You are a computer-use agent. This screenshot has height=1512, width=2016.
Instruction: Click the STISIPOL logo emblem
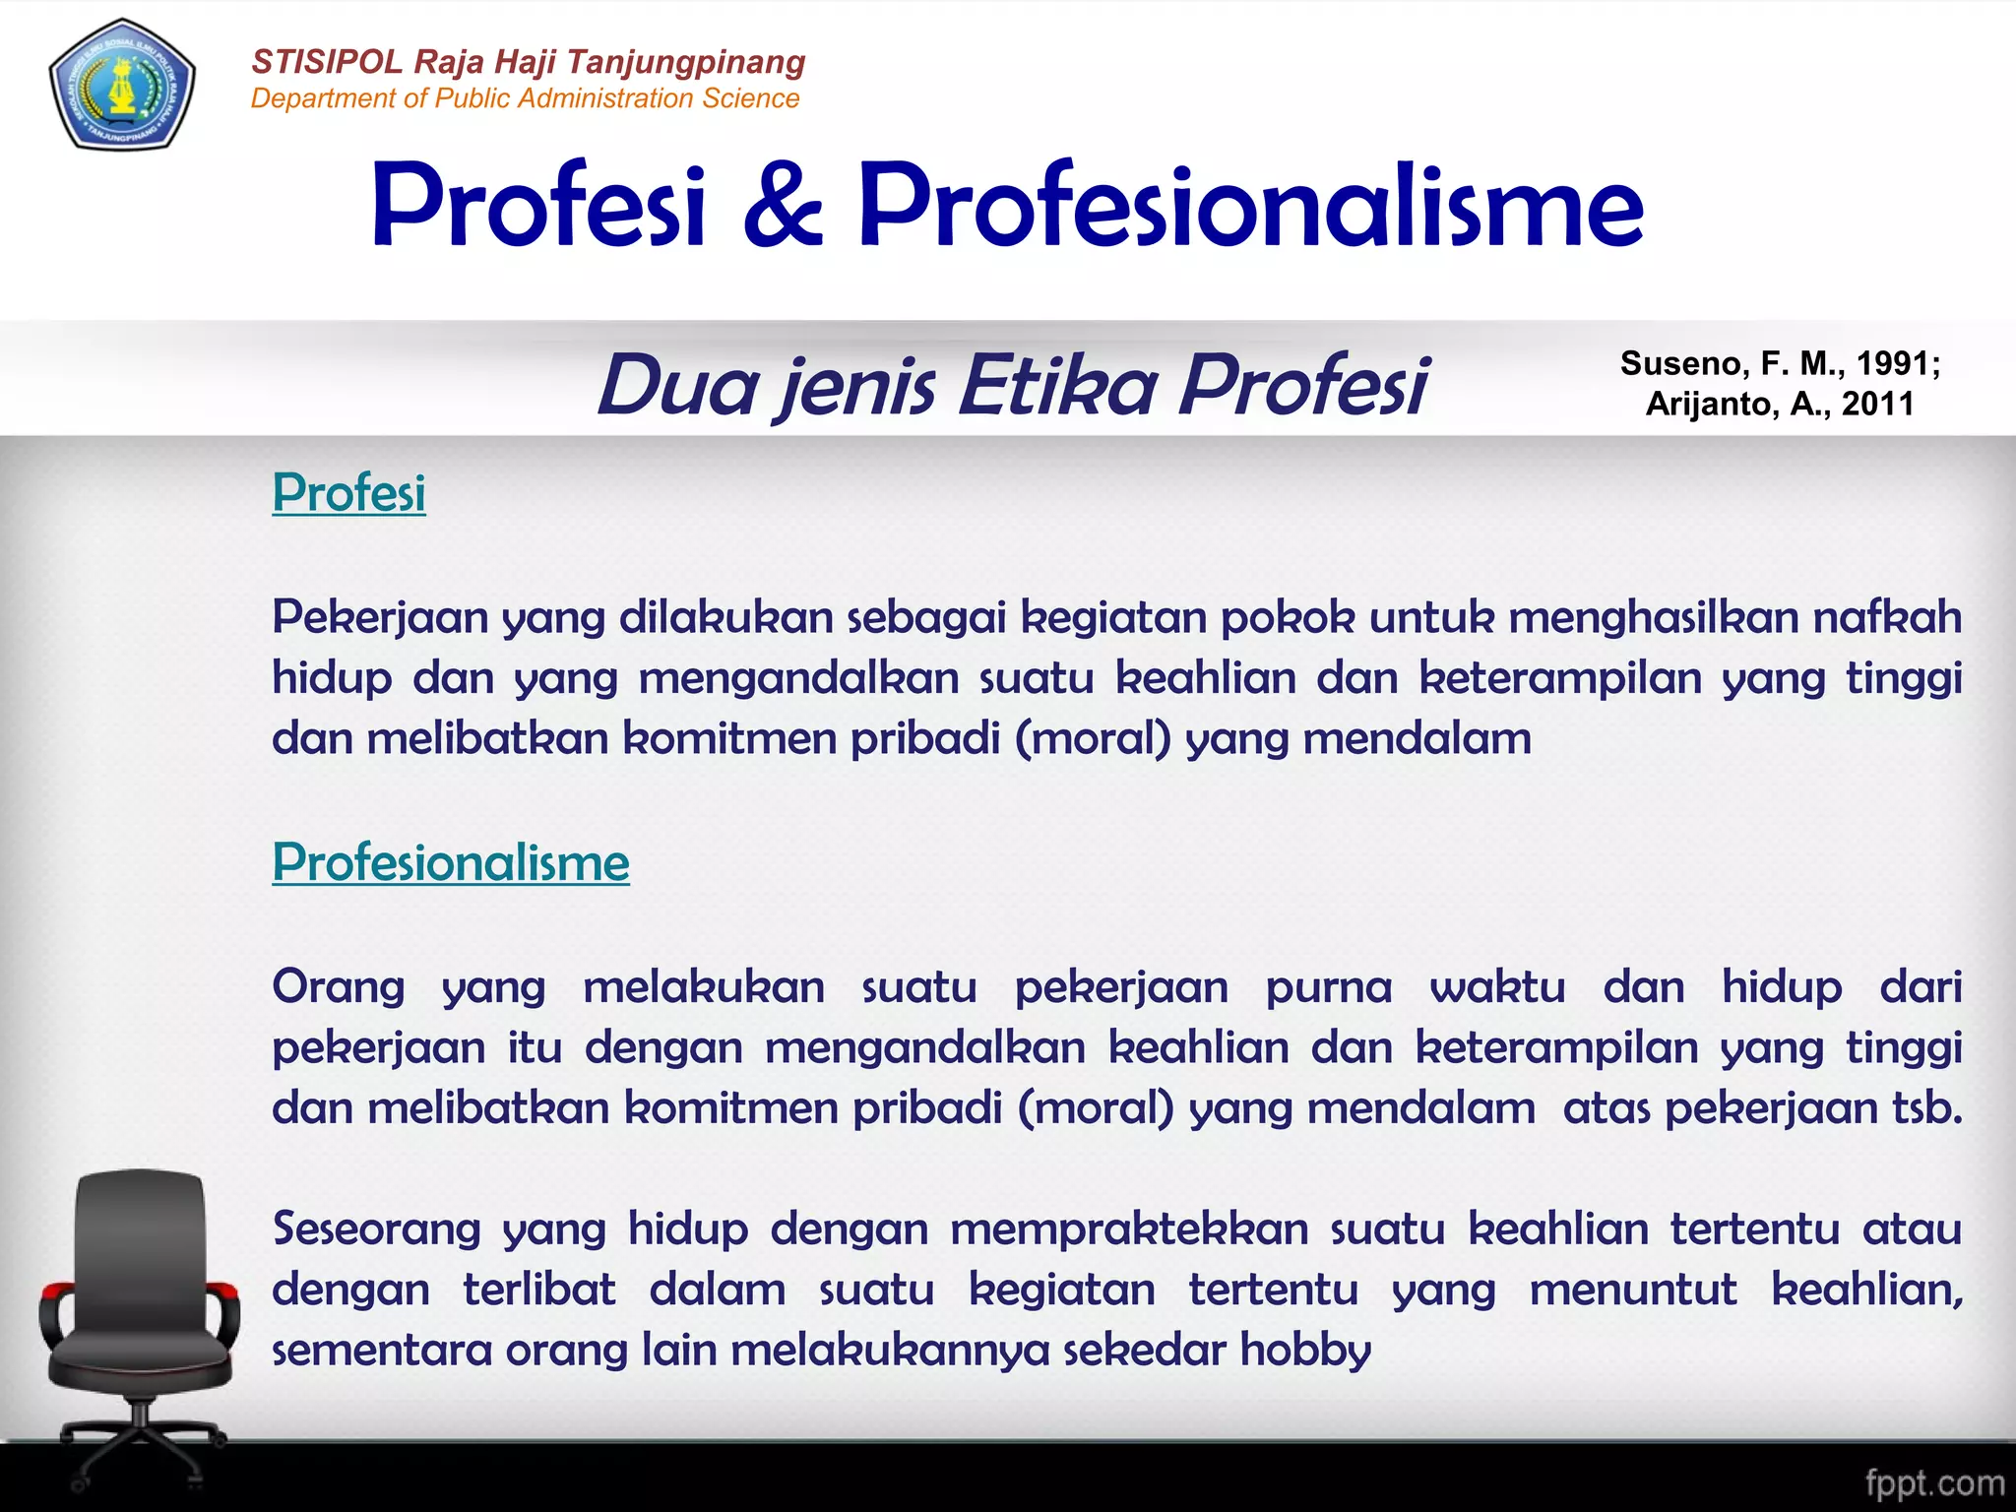tap(122, 85)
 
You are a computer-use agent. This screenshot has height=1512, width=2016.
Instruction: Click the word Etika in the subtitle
tap(1058, 384)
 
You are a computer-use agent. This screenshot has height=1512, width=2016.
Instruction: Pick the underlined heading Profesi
tap(348, 492)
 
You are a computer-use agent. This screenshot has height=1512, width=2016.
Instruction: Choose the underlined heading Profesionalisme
tap(451, 862)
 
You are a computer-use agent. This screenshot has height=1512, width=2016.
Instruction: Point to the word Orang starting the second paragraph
tap(339, 987)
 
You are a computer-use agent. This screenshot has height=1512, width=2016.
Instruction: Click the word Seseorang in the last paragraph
tap(376, 1229)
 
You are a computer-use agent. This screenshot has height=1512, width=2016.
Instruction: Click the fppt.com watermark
tap(1933, 1482)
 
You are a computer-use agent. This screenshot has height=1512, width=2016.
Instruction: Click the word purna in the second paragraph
tap(1328, 987)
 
